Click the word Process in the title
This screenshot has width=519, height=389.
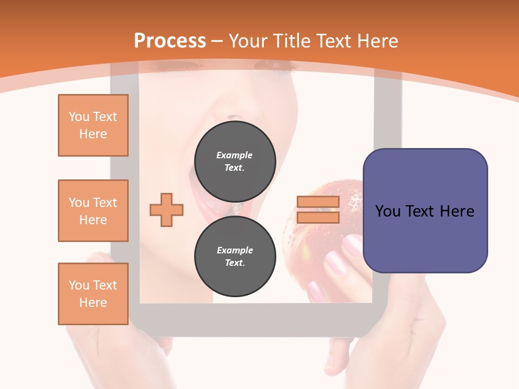[170, 41]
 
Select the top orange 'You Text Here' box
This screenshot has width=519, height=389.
[93, 125]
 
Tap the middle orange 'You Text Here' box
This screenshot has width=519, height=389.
[93, 211]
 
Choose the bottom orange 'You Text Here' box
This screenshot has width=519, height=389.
[93, 294]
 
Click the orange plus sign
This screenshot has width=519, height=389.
[167, 210]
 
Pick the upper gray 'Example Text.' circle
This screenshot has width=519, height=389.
[235, 162]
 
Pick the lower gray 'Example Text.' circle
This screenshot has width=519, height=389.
[235, 257]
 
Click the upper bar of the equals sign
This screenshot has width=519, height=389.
[318, 202]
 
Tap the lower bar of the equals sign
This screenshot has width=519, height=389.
[318, 217]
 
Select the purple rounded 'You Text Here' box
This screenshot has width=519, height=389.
[425, 211]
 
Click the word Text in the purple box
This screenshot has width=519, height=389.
[425, 211]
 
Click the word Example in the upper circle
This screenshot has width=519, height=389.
[235, 155]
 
